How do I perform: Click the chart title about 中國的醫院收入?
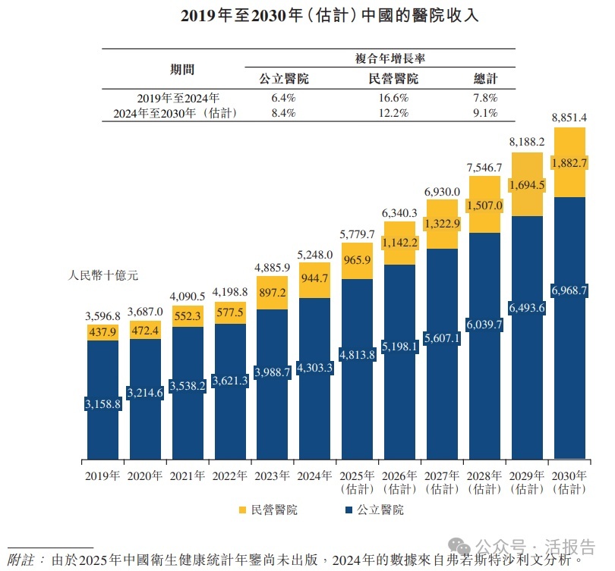coord(308,15)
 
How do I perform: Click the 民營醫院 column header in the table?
coord(393,78)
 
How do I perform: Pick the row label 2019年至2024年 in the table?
coord(178,98)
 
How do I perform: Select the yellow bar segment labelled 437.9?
coord(102,331)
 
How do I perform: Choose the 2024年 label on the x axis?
coord(314,476)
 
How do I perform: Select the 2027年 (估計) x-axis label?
coord(441,482)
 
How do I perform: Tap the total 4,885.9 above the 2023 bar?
coord(272,267)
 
